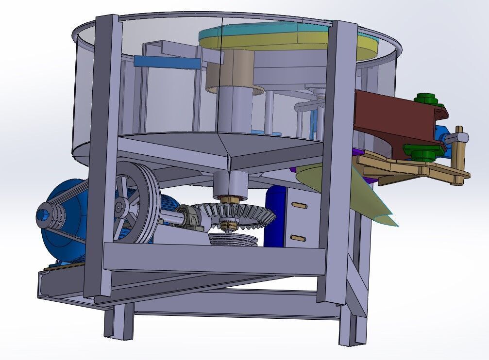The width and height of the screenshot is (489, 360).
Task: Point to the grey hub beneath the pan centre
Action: (231, 183)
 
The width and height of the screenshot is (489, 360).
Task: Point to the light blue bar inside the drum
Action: (165, 62)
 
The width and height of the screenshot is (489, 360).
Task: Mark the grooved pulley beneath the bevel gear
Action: (233, 239)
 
